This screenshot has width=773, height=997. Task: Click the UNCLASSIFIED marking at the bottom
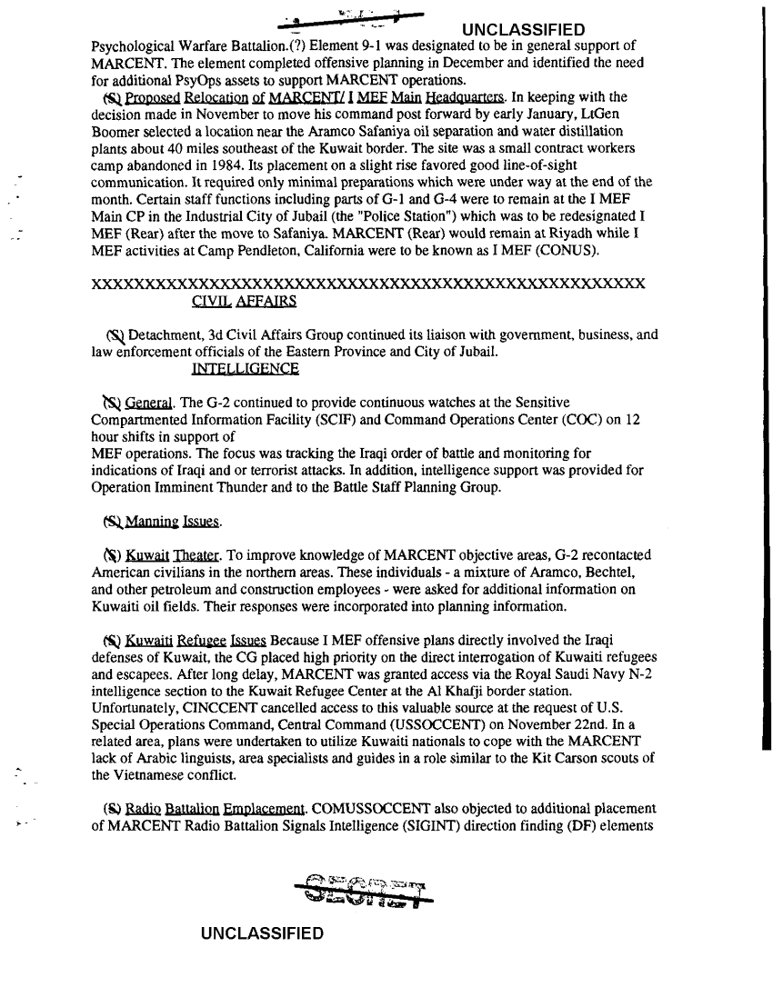263,933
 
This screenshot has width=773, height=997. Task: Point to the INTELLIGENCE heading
245,368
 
